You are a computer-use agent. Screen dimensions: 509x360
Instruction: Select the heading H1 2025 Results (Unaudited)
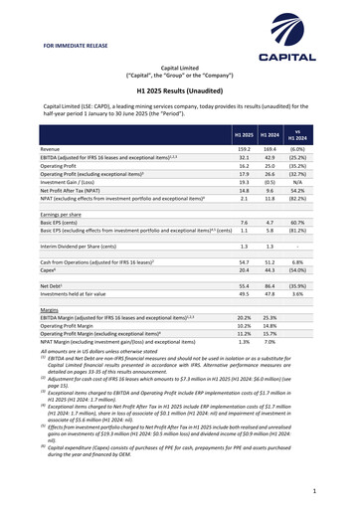(x=179, y=89)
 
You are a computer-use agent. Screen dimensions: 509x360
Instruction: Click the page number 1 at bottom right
(x=313, y=491)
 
